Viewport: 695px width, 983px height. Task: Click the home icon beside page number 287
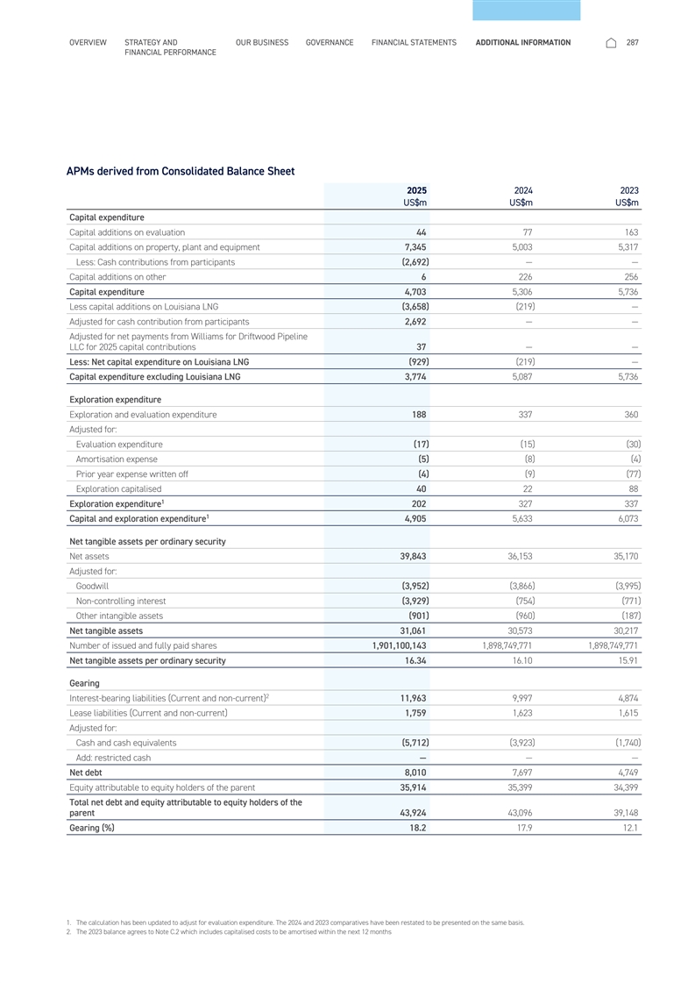[611, 42]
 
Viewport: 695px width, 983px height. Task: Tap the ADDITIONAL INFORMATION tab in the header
[522, 42]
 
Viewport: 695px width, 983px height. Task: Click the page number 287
[633, 42]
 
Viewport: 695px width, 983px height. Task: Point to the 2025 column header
[416, 189]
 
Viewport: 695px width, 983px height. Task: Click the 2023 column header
[628, 189]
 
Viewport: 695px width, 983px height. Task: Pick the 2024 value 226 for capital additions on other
[525, 276]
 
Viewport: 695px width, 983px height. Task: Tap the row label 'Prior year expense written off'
[131, 474]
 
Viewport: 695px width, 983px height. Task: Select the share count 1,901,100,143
[394, 645]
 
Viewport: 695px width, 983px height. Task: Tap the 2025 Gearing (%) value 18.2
[416, 827]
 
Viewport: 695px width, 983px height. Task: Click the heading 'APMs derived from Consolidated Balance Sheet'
[181, 171]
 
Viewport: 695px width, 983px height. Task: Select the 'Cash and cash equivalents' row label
[126, 742]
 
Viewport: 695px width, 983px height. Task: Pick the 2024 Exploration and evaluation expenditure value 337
[523, 414]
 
